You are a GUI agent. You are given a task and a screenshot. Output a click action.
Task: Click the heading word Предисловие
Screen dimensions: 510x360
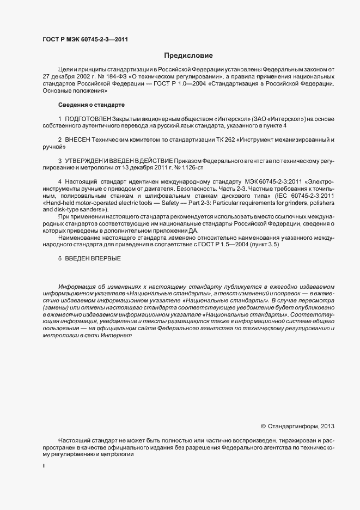coord(188,56)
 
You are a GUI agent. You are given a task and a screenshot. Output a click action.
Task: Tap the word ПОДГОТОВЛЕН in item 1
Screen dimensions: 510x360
coord(88,119)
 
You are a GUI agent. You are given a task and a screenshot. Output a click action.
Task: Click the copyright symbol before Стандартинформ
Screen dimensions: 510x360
coord(264,426)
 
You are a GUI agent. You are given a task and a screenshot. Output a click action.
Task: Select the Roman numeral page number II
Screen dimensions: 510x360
coord(44,466)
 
